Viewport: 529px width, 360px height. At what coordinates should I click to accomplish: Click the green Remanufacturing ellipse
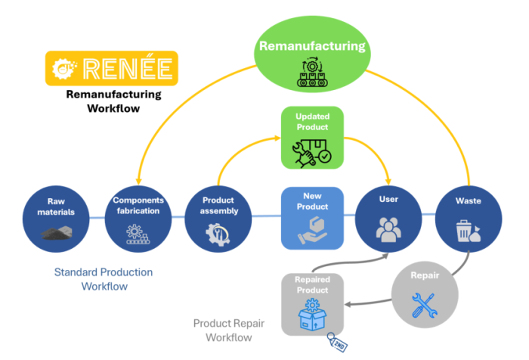pos(312,57)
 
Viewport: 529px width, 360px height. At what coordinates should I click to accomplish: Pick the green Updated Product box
pos(313,137)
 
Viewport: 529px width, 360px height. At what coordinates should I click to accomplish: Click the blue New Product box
pos(313,218)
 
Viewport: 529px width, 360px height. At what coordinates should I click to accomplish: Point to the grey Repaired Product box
pos(313,303)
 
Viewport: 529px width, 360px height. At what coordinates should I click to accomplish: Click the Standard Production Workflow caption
pos(103,279)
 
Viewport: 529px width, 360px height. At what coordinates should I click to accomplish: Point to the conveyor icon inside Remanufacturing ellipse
pos(312,73)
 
